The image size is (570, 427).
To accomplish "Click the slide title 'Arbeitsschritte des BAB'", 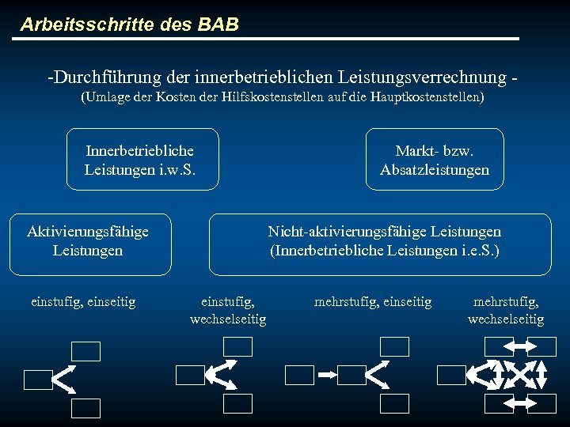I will (129, 25).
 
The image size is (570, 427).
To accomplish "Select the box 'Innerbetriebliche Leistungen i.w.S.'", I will (140, 160).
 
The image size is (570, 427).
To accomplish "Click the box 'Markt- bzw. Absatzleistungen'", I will (435, 160).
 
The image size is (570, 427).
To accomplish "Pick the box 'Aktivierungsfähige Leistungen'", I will (88, 241).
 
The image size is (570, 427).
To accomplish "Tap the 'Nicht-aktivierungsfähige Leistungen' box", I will (384, 241).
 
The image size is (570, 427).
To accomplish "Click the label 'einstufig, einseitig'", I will (83, 301).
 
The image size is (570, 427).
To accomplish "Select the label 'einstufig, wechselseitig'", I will (228, 310).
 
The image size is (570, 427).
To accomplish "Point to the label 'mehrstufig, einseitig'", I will (373, 301).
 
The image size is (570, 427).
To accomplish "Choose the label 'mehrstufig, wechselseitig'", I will (506, 310).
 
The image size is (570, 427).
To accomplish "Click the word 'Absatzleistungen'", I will (435, 170).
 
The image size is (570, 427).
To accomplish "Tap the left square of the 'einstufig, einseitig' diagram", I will (38, 380).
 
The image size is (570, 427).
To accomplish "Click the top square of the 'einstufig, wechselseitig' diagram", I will (237, 346).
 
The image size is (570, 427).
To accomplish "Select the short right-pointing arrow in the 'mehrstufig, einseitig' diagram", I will (327, 375).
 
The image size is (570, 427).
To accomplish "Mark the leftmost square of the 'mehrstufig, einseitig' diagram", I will (299, 375).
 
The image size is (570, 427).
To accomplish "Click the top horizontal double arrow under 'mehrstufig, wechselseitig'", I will (520, 346).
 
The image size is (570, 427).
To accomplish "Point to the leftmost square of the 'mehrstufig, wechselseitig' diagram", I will (451, 375).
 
